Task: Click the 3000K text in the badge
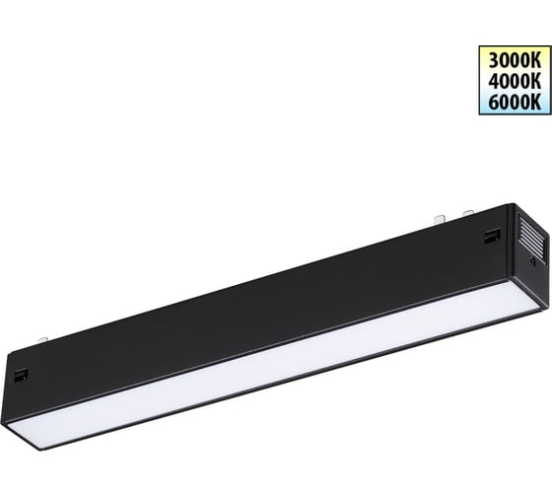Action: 515,60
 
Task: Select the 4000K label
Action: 515,82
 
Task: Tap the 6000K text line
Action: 515,103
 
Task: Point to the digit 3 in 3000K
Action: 494,60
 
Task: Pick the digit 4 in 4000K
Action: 494,82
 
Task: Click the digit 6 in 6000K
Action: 494,103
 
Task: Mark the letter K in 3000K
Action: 536,60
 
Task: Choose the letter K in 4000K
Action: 536,82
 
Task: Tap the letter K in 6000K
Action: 536,103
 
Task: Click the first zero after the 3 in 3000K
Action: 505,60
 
